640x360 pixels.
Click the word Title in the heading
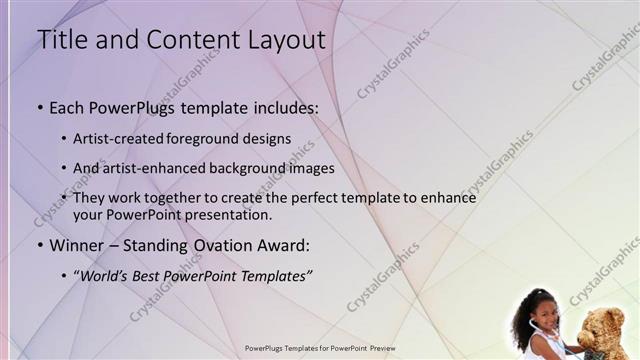coord(59,40)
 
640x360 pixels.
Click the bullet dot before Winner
coord(40,246)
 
